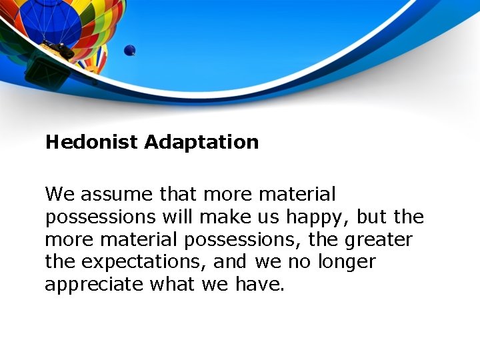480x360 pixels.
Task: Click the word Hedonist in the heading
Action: coord(92,142)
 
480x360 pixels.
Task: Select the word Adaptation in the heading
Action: coord(201,142)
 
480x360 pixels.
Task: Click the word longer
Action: coord(347,262)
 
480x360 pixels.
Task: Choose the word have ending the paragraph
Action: coord(259,285)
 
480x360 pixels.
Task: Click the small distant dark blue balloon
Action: coord(129,50)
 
